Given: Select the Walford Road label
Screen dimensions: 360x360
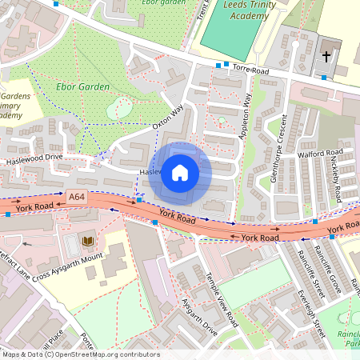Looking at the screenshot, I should pos(320,152).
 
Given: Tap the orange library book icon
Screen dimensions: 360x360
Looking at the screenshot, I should pos(88,241).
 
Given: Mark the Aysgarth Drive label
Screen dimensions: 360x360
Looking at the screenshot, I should pos(199,318).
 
